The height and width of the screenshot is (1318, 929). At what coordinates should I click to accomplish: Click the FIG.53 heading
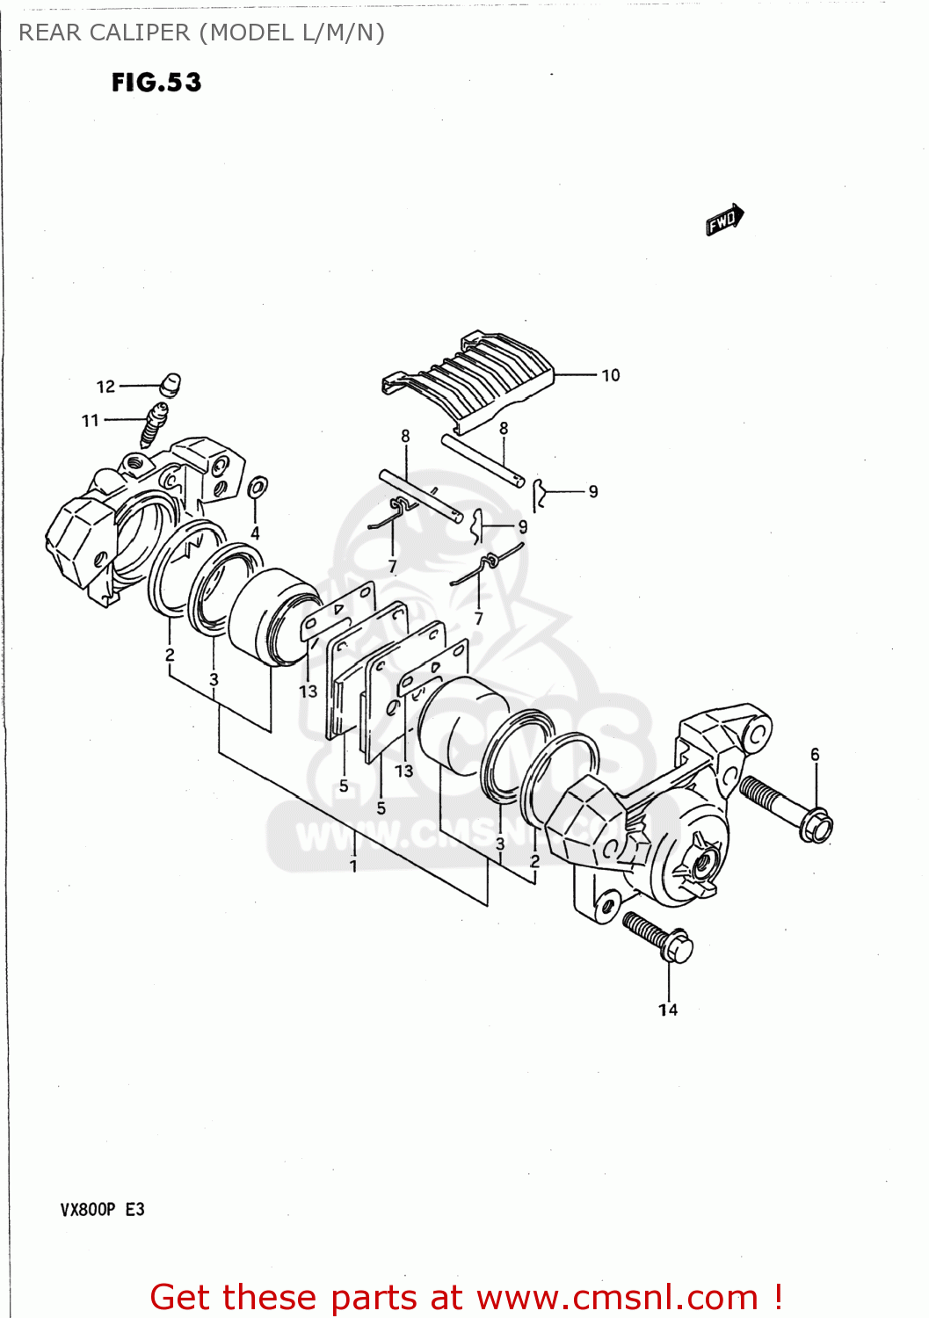tap(156, 83)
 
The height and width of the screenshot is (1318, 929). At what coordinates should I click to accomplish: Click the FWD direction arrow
tap(724, 220)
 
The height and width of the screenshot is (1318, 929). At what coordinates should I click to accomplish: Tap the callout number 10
tap(610, 375)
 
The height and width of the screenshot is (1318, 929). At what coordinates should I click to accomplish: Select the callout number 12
tap(105, 387)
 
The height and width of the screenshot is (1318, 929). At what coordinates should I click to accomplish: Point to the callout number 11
tap(91, 421)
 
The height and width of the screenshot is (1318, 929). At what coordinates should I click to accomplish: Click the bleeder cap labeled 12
tap(171, 384)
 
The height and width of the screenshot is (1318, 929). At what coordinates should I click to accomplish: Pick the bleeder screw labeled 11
tap(154, 424)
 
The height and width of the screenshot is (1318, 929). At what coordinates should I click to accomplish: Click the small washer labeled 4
tap(258, 487)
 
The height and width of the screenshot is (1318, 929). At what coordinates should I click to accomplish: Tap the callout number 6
tap(815, 755)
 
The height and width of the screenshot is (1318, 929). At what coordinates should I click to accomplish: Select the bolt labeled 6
tap(786, 807)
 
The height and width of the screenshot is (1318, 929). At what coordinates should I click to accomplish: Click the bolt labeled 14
tap(658, 937)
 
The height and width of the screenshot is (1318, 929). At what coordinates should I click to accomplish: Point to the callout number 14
tap(668, 1010)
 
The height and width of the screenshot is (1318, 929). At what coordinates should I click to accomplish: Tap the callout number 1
tap(353, 866)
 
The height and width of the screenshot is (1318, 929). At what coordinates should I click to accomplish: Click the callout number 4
tap(255, 533)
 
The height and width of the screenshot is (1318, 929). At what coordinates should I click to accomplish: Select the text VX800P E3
tap(102, 1209)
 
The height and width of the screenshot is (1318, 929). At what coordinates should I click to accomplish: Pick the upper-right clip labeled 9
tap(541, 495)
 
